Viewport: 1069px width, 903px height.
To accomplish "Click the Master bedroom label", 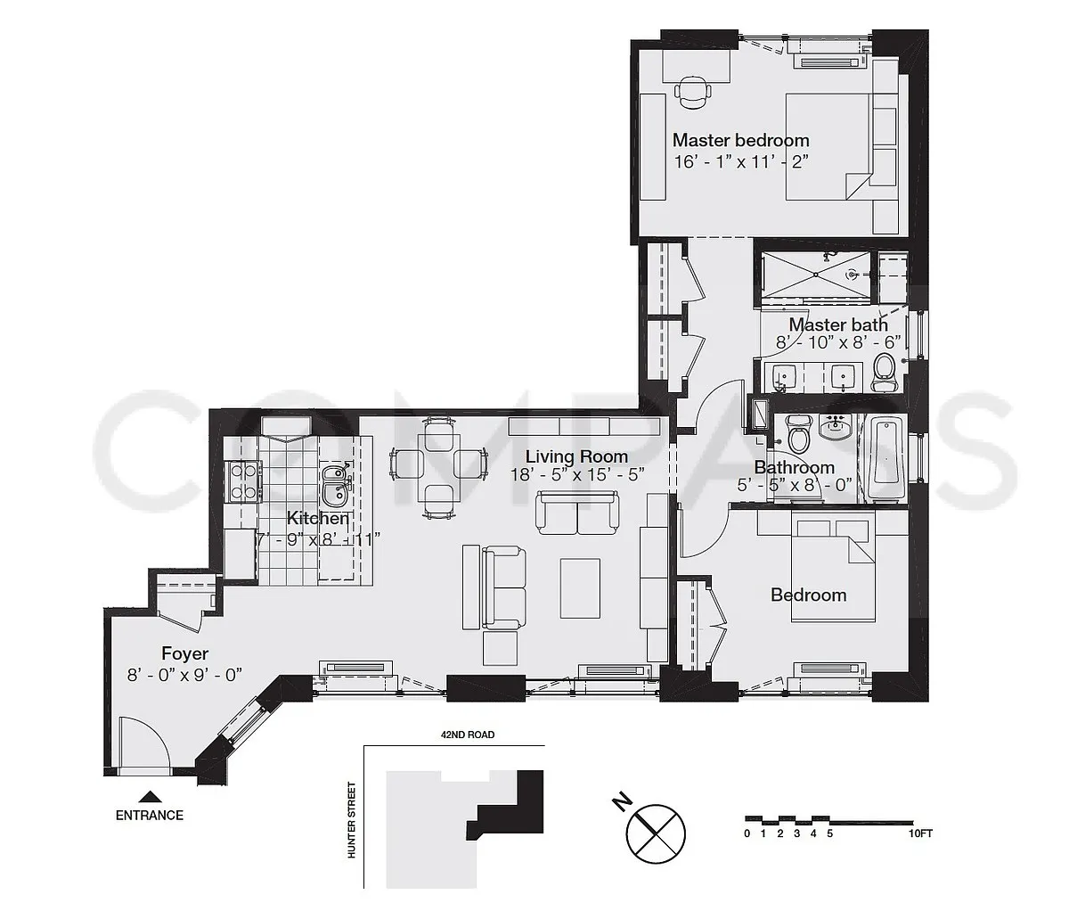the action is [740, 140].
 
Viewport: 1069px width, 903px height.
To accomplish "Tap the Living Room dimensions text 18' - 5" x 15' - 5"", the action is [577, 475].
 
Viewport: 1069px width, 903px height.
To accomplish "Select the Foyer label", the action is [184, 653].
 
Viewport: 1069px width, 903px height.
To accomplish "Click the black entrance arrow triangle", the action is [151, 796].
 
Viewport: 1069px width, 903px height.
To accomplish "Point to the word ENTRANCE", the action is [150, 816].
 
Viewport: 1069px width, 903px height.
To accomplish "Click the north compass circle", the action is [656, 833].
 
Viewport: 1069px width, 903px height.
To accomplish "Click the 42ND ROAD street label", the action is [468, 735].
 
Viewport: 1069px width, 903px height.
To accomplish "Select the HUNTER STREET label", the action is [351, 819].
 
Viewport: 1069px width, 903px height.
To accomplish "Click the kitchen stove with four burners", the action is [244, 480].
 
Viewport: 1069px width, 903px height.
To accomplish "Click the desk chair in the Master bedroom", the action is [692, 92].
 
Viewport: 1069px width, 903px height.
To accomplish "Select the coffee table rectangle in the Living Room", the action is [580, 588].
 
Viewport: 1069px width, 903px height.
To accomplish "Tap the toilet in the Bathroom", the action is [798, 439].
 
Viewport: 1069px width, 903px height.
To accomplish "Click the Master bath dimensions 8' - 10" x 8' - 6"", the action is [838, 342].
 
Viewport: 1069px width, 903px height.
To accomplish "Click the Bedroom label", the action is [808, 595].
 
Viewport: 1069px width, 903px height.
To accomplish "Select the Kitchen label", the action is [318, 518].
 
